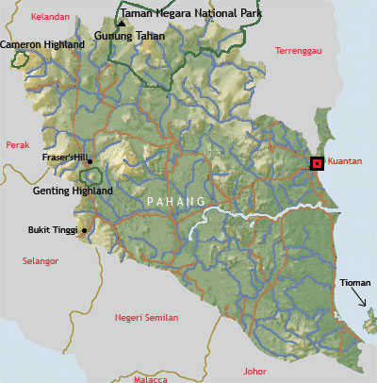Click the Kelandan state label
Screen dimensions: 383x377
(x=51, y=17)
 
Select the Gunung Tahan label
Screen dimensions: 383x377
(x=130, y=36)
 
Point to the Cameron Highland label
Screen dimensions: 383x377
(x=42, y=44)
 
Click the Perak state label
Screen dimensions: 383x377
(x=19, y=144)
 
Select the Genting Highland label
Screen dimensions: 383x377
(x=74, y=191)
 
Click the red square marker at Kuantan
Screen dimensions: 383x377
(x=317, y=163)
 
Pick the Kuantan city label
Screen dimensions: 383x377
(x=346, y=162)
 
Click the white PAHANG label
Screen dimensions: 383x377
(x=176, y=202)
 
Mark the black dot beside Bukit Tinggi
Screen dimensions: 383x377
(x=85, y=229)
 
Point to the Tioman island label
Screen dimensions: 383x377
(x=355, y=283)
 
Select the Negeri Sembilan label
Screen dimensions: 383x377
(x=146, y=318)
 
